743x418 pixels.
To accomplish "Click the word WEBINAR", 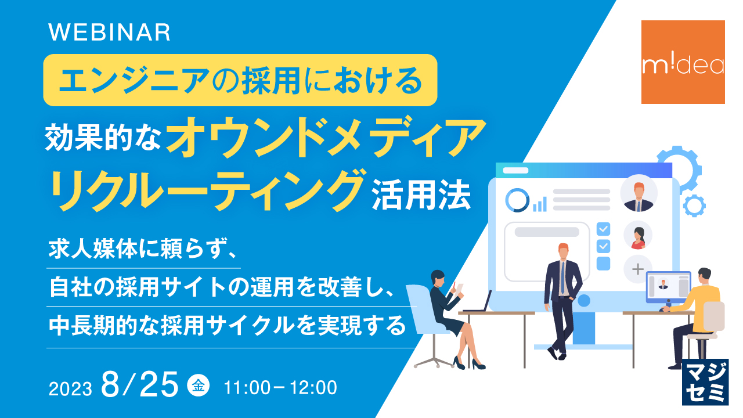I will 110,33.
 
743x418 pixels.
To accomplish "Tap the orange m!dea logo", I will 683,62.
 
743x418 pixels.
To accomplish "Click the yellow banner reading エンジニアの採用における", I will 240,80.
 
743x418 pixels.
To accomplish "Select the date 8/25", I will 139,385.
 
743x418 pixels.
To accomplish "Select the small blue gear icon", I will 694,205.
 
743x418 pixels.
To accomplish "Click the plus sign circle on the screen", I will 638,269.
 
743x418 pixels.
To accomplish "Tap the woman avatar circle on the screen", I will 638,235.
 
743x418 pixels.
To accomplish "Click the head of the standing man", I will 563,251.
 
